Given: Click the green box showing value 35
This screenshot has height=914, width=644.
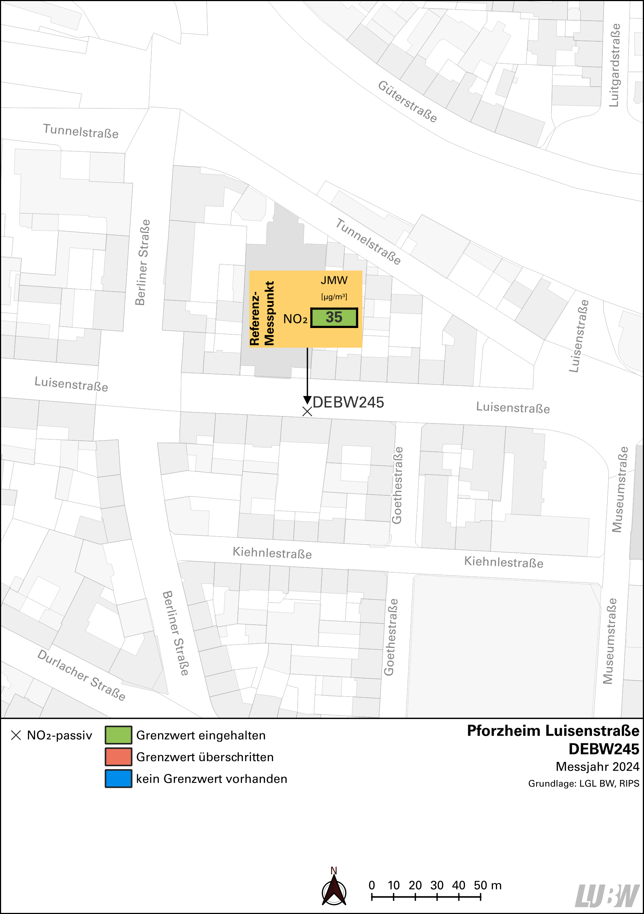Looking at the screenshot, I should tap(333, 318).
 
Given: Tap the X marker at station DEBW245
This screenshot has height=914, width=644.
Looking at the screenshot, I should tap(307, 412).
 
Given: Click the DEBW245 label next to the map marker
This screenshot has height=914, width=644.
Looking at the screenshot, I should tap(348, 402).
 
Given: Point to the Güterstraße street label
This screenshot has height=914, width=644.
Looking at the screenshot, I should tap(407, 101).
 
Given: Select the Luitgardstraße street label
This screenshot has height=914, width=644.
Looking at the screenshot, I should tap(615, 65).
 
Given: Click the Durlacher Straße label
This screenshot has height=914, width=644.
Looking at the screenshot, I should tap(81, 675).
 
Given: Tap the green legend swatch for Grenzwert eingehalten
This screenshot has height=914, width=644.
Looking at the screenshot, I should tap(118, 735).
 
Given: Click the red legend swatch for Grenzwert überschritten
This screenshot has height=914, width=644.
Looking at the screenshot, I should tap(118, 757).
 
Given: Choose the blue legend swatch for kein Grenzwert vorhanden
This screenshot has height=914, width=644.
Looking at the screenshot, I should tap(118, 779).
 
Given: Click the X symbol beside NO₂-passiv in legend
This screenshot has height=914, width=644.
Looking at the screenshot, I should tap(16, 735).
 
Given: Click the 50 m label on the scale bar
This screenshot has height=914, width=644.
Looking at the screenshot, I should tap(487, 885).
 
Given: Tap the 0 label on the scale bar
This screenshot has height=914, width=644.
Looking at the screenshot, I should tap(372, 885).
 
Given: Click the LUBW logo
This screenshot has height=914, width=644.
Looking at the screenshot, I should tap(608, 896).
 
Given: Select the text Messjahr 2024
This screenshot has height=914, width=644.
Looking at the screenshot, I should tap(597, 767).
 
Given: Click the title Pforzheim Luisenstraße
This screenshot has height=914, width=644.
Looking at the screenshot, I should tap(553, 731).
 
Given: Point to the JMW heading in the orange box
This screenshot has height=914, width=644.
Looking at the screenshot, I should tap(334, 280).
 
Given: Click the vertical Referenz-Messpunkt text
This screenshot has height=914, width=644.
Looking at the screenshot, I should tap(262, 313).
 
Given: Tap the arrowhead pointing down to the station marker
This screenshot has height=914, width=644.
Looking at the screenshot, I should tap(307, 400).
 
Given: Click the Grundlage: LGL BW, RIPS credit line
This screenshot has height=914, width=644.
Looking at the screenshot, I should tap(584, 784).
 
